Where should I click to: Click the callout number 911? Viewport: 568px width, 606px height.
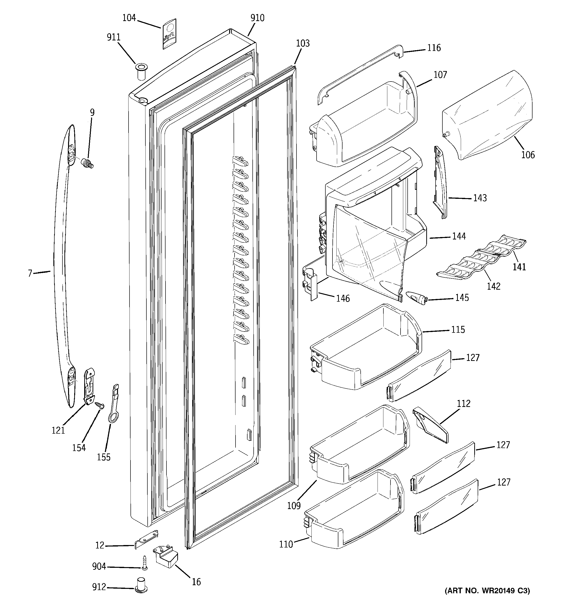(113, 37)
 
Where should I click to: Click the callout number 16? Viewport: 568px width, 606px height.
(196, 582)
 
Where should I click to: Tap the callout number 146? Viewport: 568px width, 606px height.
(343, 298)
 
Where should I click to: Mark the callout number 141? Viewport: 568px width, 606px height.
(519, 267)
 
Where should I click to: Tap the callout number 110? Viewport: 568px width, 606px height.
(286, 544)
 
